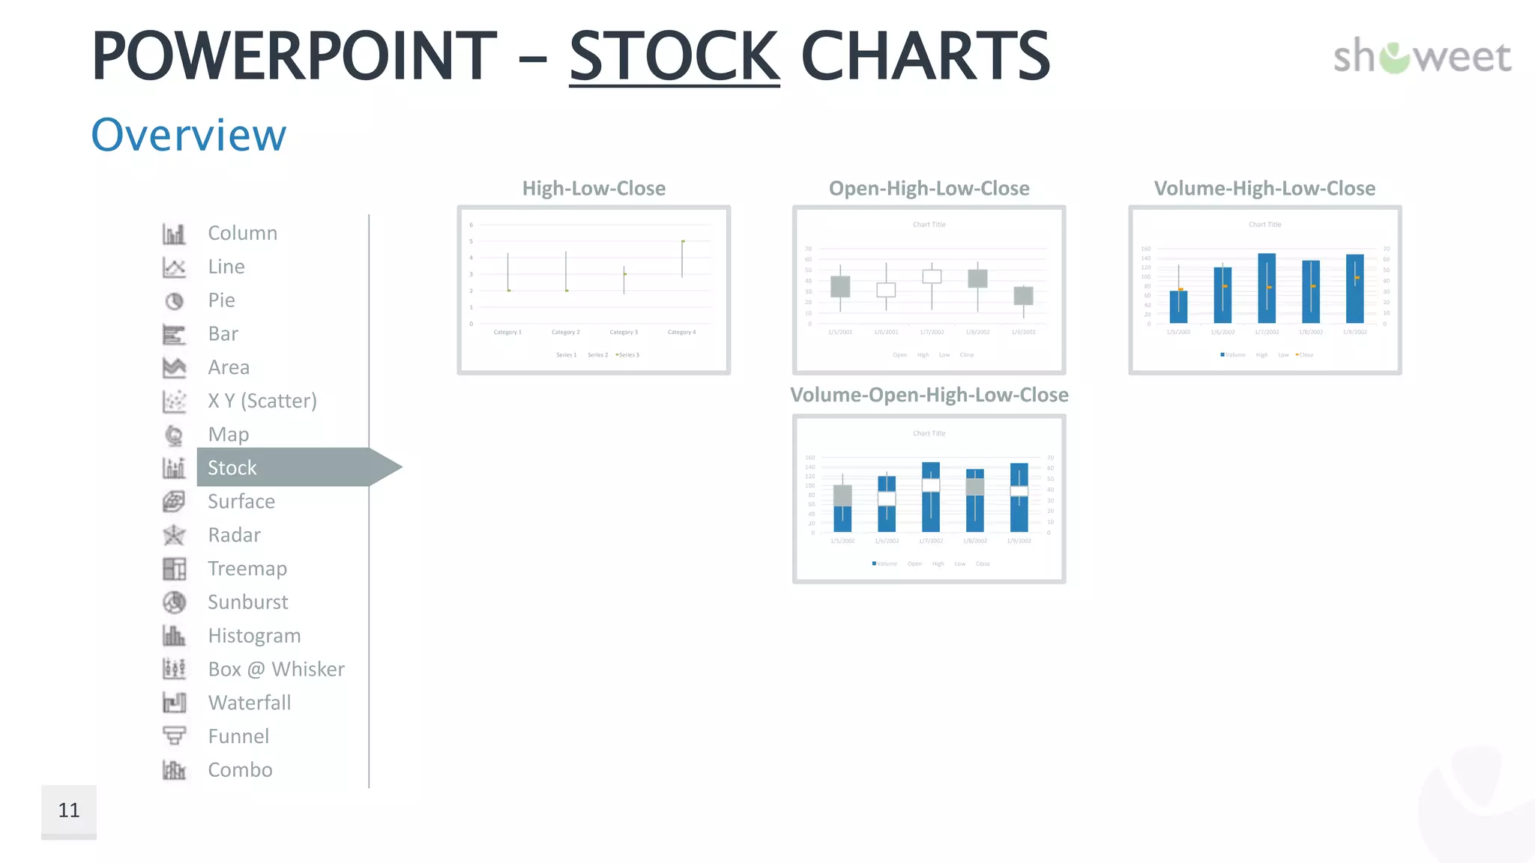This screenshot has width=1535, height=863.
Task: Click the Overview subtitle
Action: click(x=188, y=135)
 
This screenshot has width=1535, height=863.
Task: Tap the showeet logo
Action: click(x=1422, y=57)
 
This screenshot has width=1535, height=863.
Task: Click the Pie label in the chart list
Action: click(x=221, y=300)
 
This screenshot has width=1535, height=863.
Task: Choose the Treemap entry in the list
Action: click(x=247, y=569)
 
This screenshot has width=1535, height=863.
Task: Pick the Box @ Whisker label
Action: click(x=276, y=669)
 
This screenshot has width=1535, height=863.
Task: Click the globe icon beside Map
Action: click(x=174, y=434)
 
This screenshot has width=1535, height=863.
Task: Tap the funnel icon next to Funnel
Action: click(x=174, y=736)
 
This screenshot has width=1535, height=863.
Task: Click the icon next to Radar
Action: click(x=174, y=535)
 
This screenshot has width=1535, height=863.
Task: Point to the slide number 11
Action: click(x=69, y=810)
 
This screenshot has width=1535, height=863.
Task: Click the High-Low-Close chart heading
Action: click(x=594, y=189)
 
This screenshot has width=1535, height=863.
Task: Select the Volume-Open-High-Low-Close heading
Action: click(x=929, y=395)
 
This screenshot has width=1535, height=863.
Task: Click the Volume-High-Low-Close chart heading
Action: click(x=1264, y=189)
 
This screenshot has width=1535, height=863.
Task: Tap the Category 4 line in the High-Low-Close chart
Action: click(x=682, y=259)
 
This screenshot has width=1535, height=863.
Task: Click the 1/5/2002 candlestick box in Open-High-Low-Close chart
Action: click(x=840, y=286)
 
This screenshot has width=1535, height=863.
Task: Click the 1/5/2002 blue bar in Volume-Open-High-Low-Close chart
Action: click(x=842, y=518)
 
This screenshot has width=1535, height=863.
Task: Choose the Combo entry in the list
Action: click(x=240, y=770)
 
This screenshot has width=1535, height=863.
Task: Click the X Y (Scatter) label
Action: click(x=262, y=401)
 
